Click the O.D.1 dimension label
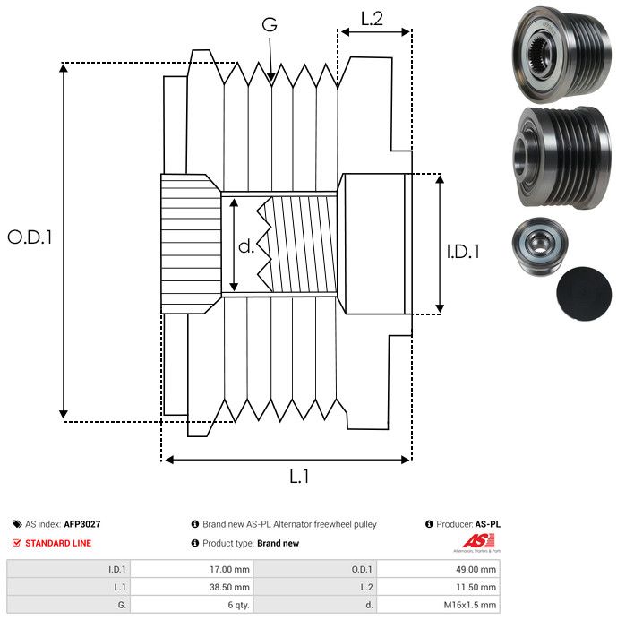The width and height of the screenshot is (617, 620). pos(30,237)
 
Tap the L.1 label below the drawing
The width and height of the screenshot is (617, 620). pos(299,478)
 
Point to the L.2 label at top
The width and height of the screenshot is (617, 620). pos(372,18)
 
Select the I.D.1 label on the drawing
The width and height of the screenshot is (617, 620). pos(463,253)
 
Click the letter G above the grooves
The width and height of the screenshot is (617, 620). pos(269,26)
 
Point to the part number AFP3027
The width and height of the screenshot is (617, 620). pos(82,524)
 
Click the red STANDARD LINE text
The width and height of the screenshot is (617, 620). pos(57,543)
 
